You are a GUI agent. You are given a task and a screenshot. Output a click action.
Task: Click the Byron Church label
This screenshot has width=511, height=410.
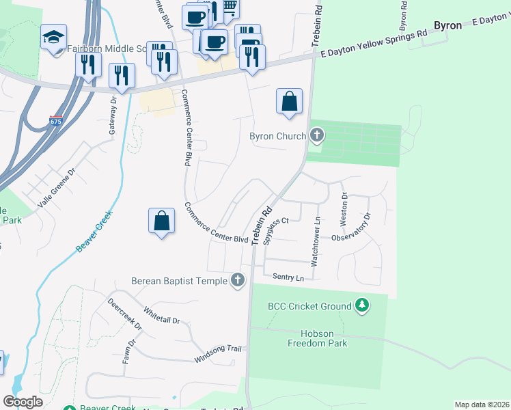tap(277, 136)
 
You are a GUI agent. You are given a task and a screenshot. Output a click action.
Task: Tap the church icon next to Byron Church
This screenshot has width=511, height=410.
tap(316, 136)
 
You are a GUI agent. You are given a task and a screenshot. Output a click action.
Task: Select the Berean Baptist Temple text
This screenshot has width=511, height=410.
tap(180, 280)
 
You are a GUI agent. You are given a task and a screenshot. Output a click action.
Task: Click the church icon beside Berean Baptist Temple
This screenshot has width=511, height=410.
tap(237, 280)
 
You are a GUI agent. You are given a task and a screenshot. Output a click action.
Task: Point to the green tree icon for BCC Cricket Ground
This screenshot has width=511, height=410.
tap(362, 306)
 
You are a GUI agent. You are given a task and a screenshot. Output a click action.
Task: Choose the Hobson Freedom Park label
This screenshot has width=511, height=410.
tap(315, 338)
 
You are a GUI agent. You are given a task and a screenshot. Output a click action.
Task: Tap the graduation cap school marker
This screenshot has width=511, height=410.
tap(53, 38)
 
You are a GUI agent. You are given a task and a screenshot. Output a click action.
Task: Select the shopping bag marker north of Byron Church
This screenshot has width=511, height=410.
tap(290, 101)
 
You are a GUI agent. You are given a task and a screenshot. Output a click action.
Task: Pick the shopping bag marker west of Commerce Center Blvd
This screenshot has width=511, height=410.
tap(161, 221)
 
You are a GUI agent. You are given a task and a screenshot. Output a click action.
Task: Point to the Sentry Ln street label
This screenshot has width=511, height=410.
tap(288, 277)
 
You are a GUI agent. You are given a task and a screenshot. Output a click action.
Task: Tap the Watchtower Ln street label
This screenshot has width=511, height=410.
tap(316, 241)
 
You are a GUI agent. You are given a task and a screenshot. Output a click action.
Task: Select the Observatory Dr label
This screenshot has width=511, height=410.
tap(351, 227)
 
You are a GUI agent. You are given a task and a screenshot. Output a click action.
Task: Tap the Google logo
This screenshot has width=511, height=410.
tap(23, 401)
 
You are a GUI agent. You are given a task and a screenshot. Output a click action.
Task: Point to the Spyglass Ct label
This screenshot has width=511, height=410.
tap(277, 231)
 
